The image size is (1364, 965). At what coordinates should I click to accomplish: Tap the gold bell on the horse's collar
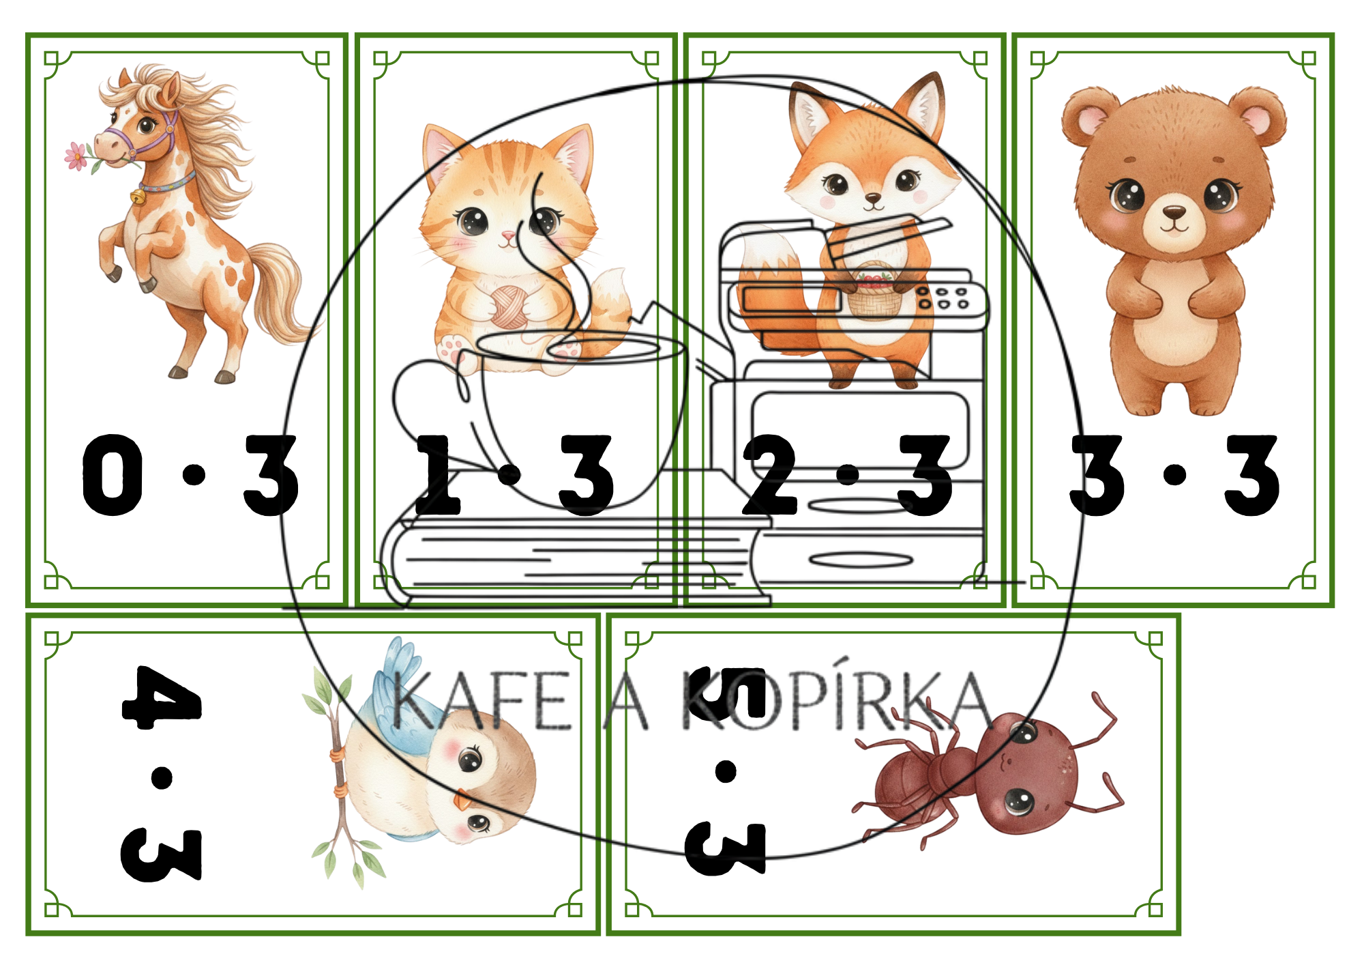pos(138,197)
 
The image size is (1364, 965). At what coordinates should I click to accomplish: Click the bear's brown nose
pos(1174,214)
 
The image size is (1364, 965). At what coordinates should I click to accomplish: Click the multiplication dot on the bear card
pos(1174,474)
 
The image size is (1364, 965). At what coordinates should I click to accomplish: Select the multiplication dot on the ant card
pos(726,772)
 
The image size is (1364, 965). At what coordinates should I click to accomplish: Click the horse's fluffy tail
pos(280,293)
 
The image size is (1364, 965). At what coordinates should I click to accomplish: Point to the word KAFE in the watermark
pos(481,701)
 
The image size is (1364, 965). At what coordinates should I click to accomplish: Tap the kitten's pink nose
pos(507,237)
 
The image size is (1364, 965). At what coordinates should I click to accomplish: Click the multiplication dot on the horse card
pos(194,474)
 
